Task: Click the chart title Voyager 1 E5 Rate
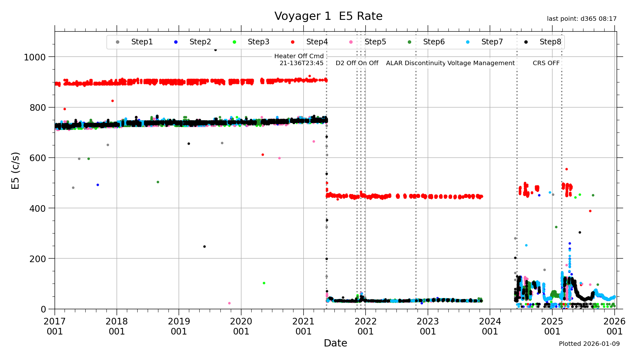pyautogui.click(x=328, y=16)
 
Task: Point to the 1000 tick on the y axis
pyautogui.click(x=35, y=57)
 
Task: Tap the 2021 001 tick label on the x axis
pyautogui.click(x=303, y=326)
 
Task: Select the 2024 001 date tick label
pyautogui.click(x=490, y=326)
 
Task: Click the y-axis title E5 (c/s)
pyautogui.click(x=15, y=171)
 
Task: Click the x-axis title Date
pyautogui.click(x=335, y=343)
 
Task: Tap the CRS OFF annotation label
pyautogui.click(x=546, y=63)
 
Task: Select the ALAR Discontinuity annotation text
pyautogui.click(x=416, y=63)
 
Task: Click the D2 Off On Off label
pyautogui.click(x=357, y=63)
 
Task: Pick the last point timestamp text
pyautogui.click(x=582, y=19)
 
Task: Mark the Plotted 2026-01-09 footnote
pyautogui.click(x=589, y=344)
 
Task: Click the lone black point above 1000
pyautogui.click(x=215, y=50)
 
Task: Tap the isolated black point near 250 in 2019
pyautogui.click(x=204, y=247)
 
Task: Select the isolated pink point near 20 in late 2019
pyautogui.click(x=229, y=303)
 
